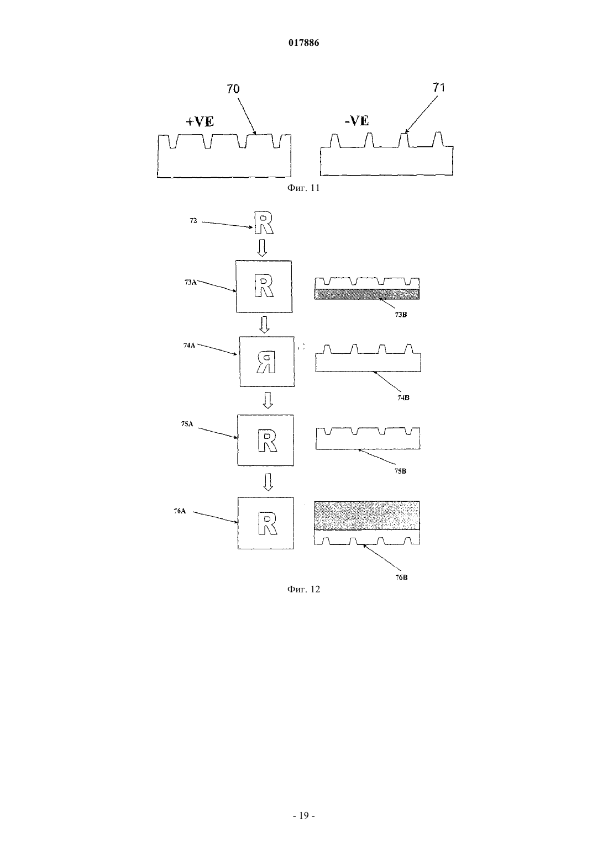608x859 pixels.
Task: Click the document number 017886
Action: [x=303, y=43]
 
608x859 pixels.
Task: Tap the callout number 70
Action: [x=233, y=89]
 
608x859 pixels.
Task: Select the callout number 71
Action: [x=439, y=87]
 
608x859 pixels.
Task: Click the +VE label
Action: [x=200, y=121]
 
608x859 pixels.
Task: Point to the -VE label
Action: [x=357, y=121]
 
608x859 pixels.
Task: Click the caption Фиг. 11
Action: [x=303, y=188]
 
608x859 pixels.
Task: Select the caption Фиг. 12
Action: [x=303, y=589]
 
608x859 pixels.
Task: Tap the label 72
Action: [x=193, y=220]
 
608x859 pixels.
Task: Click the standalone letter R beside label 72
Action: [x=264, y=223]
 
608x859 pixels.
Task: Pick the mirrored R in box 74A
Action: [x=266, y=363]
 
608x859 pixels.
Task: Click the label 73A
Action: [x=190, y=282]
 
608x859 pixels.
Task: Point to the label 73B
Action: [x=401, y=315]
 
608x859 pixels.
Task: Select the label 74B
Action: [x=403, y=397]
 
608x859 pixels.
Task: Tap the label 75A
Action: [x=187, y=424]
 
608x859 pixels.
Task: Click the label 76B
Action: [x=401, y=577]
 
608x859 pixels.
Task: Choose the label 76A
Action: [x=180, y=511]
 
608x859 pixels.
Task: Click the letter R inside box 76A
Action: [x=268, y=523]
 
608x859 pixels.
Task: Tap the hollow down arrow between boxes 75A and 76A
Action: [x=268, y=482]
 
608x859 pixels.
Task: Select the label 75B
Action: [x=400, y=471]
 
